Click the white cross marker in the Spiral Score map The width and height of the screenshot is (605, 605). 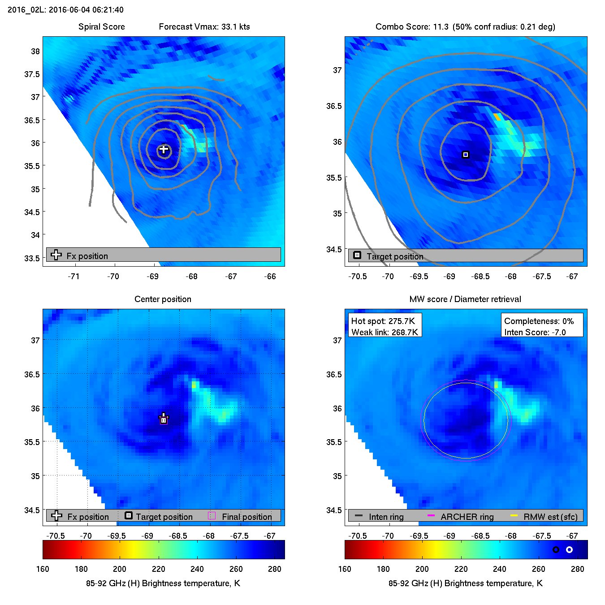click(x=164, y=149)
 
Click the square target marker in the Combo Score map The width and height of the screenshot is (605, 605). click(x=466, y=155)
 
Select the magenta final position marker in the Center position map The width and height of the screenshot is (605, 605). click(x=164, y=420)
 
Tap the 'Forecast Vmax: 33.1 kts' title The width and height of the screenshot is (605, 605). click(x=204, y=27)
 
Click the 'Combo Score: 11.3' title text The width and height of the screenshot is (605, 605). click(x=412, y=27)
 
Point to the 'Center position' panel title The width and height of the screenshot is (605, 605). click(x=163, y=299)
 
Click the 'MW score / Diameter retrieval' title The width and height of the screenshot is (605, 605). click(x=465, y=299)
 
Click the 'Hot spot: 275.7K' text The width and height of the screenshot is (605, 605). click(x=383, y=321)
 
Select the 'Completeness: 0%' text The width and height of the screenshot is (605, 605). click(x=539, y=321)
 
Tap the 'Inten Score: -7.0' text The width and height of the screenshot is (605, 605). click(x=535, y=333)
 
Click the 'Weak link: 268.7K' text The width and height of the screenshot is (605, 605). click(x=385, y=333)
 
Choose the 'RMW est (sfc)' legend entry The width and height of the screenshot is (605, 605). click(x=550, y=517)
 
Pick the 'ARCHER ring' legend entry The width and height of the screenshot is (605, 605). click(x=467, y=517)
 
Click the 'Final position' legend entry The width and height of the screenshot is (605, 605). click(x=246, y=517)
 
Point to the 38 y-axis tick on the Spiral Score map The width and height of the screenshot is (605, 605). click(x=35, y=51)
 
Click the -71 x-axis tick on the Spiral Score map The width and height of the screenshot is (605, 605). click(x=73, y=277)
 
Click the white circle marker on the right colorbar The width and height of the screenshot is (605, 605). click(x=569, y=549)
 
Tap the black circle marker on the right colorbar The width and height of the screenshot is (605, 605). click(x=556, y=549)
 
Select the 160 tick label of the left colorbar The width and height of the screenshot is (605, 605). click(x=43, y=569)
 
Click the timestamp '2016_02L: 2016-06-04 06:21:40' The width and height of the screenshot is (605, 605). click(x=65, y=10)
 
